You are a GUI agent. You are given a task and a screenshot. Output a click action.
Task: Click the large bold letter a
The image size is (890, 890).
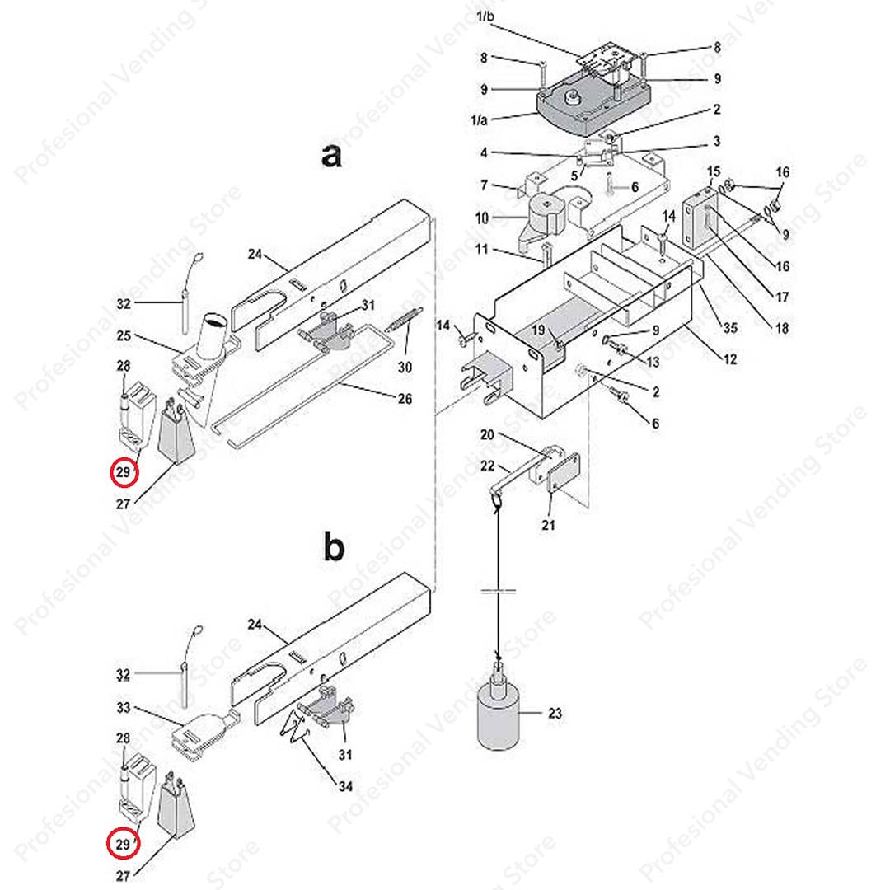coord(331,156)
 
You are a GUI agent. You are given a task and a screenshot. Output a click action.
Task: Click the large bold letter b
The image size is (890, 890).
coord(333,548)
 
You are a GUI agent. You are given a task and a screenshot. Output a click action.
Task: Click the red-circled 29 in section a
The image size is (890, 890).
coord(124,473)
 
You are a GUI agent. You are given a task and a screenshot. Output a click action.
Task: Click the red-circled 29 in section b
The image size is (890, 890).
coord(124,844)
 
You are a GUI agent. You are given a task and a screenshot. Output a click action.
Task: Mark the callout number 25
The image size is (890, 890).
coord(124,337)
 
